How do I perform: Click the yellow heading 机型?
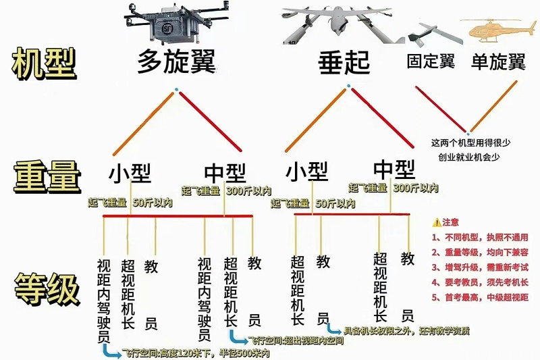coord(44,64)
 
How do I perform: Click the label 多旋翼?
coord(176,62)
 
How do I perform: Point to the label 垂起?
coord(344,63)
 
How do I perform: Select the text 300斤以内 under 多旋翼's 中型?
coord(248,190)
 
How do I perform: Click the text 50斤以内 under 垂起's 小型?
coord(336,203)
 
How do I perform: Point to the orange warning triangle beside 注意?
coord(436,222)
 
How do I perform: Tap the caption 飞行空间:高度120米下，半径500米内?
coord(196,353)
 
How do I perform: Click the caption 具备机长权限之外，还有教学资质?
coord(406,331)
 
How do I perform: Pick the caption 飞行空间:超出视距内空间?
coord(296,340)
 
